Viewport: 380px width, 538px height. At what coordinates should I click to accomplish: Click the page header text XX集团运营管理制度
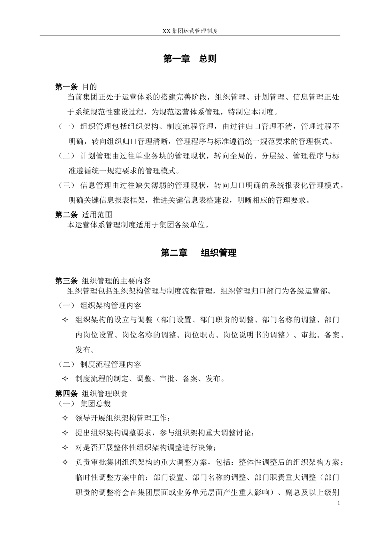[x=190, y=30]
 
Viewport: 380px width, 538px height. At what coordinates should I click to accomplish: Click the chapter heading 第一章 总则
[x=190, y=58]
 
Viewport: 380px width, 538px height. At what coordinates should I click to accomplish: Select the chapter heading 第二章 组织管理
[x=198, y=253]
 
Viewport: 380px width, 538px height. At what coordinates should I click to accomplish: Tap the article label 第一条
[x=66, y=86]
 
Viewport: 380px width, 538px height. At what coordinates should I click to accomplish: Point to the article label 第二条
[x=66, y=215]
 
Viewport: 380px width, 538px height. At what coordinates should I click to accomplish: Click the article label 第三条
[x=66, y=281]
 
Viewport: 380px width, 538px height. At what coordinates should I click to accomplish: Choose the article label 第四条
[x=66, y=393]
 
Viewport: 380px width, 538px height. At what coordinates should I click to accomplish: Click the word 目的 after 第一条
[x=89, y=86]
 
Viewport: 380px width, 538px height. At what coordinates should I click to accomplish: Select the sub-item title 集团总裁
[x=95, y=403]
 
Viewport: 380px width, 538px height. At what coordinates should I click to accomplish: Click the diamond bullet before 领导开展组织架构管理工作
[x=65, y=418]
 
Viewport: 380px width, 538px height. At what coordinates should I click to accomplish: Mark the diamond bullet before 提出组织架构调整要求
[x=65, y=433]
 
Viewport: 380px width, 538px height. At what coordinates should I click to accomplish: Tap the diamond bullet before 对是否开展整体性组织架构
[x=65, y=448]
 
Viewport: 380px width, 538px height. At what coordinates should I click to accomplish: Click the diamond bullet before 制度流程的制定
[x=65, y=379]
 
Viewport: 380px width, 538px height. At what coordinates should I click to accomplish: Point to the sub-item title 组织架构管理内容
[x=111, y=306]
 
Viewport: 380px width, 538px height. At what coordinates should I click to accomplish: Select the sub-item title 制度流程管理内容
[x=111, y=364]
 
